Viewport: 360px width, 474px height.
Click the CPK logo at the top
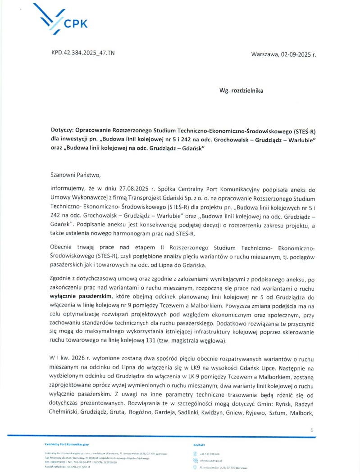coord(68,20)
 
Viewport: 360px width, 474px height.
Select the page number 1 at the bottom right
coord(312,430)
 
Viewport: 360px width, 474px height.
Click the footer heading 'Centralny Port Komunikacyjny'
coord(67,444)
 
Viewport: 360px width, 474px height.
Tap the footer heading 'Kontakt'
coord(199,444)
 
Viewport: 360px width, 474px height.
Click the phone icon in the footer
coord(195,454)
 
